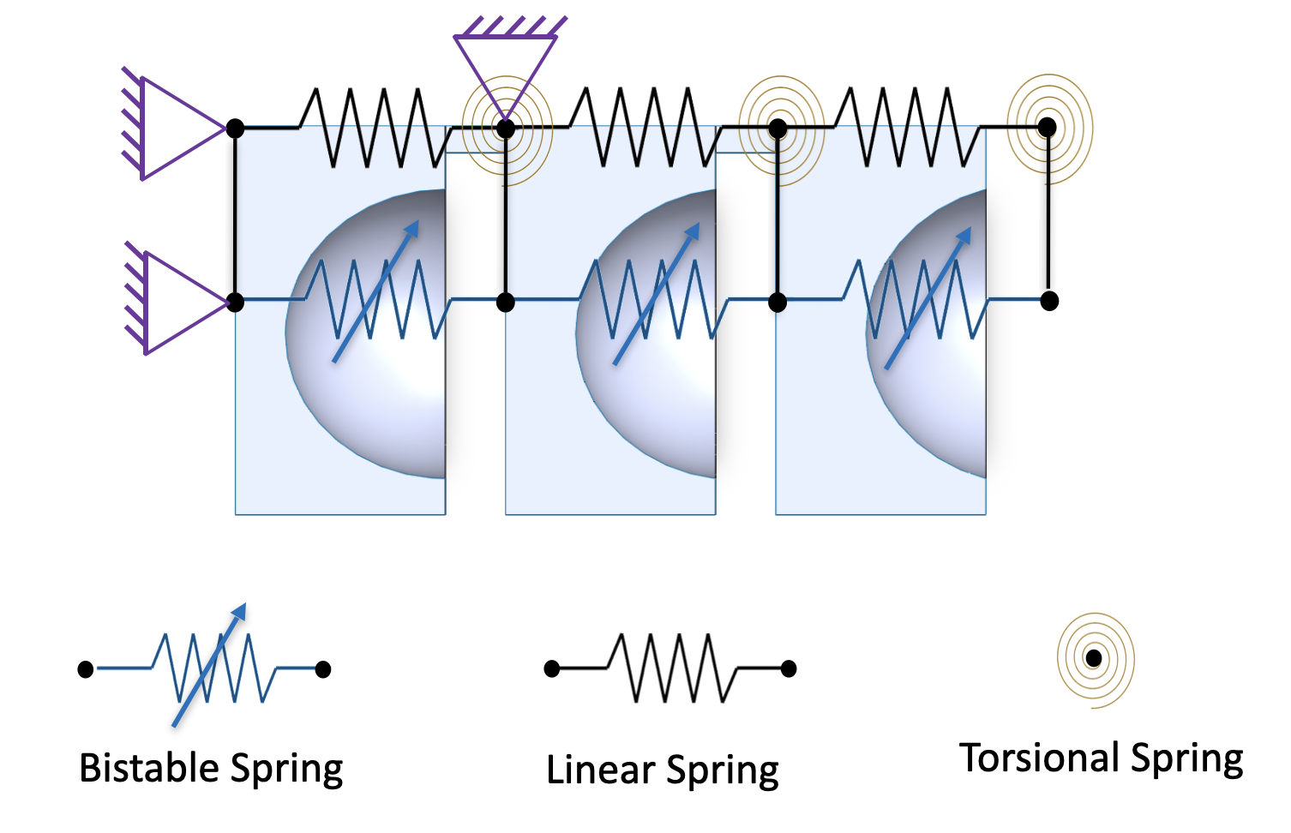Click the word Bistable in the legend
coord(149,768)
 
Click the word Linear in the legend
coord(600,770)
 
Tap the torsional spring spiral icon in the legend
coord(1095,660)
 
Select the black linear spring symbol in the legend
coord(670,668)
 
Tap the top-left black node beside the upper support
coord(235,128)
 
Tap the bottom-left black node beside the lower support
coord(235,303)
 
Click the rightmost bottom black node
coord(1049,301)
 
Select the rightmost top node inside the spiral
coord(1048,128)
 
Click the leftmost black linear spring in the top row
coord(375,128)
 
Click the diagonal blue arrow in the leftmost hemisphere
coord(376,291)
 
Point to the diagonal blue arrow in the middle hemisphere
coord(657,294)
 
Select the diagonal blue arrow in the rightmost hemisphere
coord(928,298)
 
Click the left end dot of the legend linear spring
coord(552,668)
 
